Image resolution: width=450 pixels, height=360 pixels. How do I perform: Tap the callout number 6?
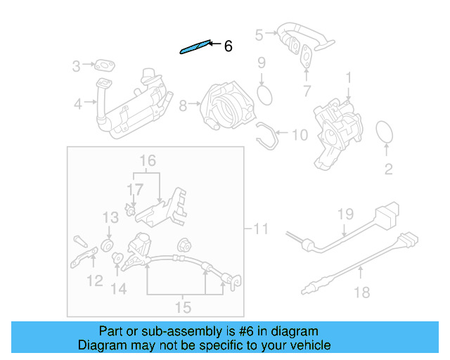[x=227, y=47]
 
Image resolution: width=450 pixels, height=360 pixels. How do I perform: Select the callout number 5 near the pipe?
[x=259, y=34]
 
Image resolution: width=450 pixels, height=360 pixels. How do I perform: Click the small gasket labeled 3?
[x=106, y=67]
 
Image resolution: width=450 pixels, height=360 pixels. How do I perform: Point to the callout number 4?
[x=78, y=105]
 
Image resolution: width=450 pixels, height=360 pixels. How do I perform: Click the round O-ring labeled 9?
[x=264, y=94]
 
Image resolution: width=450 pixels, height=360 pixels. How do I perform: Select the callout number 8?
[x=183, y=106]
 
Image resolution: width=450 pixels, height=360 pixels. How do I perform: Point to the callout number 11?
[x=260, y=229]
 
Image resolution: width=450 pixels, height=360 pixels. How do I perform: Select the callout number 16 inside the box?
[x=147, y=161]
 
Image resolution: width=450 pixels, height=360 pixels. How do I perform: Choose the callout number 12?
[x=94, y=282]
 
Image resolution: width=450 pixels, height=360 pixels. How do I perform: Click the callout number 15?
[x=183, y=307]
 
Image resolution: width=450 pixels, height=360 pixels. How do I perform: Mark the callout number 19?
[x=344, y=214]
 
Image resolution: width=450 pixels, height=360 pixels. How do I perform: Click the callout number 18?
[x=361, y=292]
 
